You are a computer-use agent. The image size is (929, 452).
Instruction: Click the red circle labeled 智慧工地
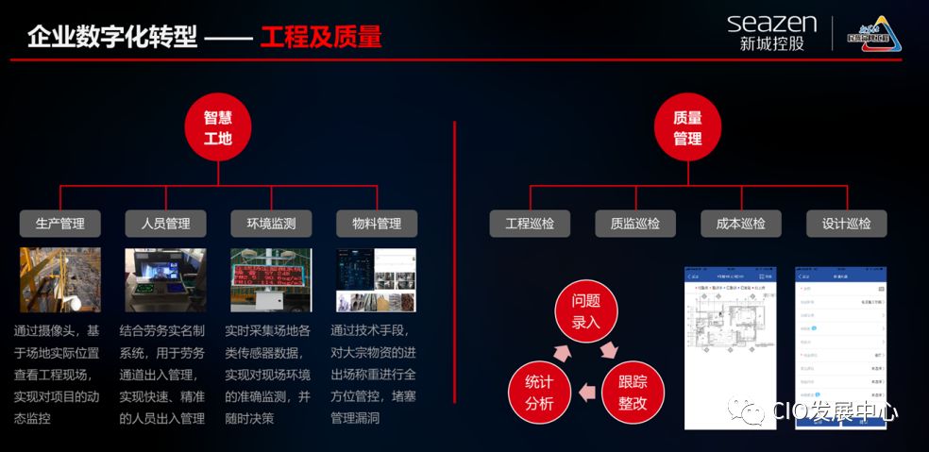[x=218, y=127]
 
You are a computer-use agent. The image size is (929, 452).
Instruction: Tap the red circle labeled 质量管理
[x=687, y=127]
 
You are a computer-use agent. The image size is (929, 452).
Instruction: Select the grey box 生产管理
[x=60, y=224]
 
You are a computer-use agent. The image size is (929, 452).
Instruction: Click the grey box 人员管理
[x=165, y=224]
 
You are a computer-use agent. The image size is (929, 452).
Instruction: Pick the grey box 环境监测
[x=271, y=224]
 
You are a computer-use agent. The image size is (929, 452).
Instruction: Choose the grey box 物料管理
[x=377, y=224]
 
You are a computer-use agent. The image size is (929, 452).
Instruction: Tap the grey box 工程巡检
[x=530, y=224]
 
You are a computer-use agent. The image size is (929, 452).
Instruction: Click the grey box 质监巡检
[x=635, y=224]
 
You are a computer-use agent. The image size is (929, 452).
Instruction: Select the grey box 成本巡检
[x=741, y=224]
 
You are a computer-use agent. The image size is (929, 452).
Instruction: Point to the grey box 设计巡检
[x=847, y=224]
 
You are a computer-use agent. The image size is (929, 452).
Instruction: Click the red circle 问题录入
[x=585, y=311]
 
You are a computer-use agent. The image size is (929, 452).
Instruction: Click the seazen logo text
[x=771, y=23]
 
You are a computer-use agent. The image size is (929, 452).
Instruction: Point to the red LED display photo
[x=271, y=280]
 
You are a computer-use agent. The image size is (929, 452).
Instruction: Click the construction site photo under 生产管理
[x=60, y=280]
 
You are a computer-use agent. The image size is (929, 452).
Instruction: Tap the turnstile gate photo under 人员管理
[x=165, y=280]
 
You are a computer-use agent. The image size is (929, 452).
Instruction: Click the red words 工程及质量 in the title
[x=321, y=37]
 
